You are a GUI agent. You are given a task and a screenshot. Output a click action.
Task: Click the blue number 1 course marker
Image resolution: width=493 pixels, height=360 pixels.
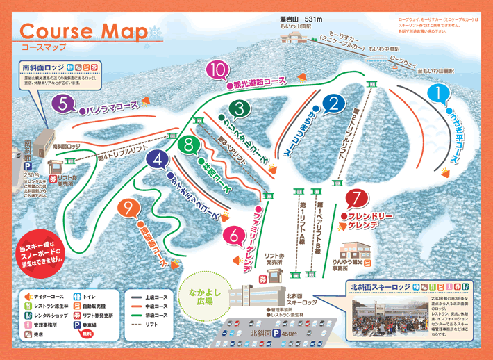438,92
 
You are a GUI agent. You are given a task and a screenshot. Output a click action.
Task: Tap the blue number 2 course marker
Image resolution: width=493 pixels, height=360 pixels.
334,104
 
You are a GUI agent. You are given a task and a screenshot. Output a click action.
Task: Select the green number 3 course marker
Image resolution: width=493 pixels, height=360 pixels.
240,108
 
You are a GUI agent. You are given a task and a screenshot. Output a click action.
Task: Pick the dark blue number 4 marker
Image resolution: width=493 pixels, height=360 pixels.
159,161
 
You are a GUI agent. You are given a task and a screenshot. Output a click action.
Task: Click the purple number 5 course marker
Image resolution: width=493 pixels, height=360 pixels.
63,105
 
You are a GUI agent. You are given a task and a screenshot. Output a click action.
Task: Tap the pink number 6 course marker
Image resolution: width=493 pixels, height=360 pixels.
235,236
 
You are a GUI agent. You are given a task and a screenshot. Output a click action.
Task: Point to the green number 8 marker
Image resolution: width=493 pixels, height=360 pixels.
188,146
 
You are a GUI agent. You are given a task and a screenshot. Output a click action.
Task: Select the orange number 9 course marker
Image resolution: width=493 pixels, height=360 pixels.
128,208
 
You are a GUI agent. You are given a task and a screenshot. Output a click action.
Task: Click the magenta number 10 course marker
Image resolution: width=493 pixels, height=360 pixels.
218,69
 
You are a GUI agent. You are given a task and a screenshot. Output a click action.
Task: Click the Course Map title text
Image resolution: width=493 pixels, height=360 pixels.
83,32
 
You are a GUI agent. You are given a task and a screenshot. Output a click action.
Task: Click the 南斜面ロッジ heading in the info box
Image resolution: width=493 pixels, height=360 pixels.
43,67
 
